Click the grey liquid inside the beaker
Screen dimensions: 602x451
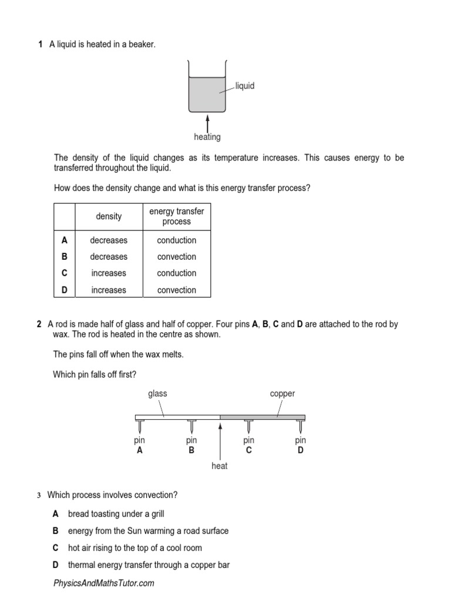click(x=207, y=94)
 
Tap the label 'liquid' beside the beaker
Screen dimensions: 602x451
click(x=244, y=86)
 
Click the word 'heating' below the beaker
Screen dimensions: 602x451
click(x=207, y=137)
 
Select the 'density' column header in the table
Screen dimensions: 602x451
click(x=109, y=216)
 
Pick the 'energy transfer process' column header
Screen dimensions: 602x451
click(x=176, y=216)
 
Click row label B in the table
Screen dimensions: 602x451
click(x=65, y=256)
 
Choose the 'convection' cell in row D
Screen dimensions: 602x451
click(x=176, y=290)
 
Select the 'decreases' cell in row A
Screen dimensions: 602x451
click(x=109, y=240)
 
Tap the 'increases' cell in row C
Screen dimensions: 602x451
click(x=109, y=273)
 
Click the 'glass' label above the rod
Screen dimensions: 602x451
click(x=157, y=393)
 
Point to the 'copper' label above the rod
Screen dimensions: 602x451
click(x=282, y=393)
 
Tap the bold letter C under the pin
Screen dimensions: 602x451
click(x=248, y=450)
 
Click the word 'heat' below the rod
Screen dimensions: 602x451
click(x=219, y=466)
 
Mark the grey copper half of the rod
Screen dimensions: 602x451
click(x=262, y=417)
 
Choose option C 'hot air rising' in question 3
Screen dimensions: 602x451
click(x=134, y=548)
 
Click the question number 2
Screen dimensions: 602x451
click(x=39, y=324)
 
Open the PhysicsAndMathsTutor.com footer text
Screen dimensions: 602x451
click(x=103, y=583)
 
